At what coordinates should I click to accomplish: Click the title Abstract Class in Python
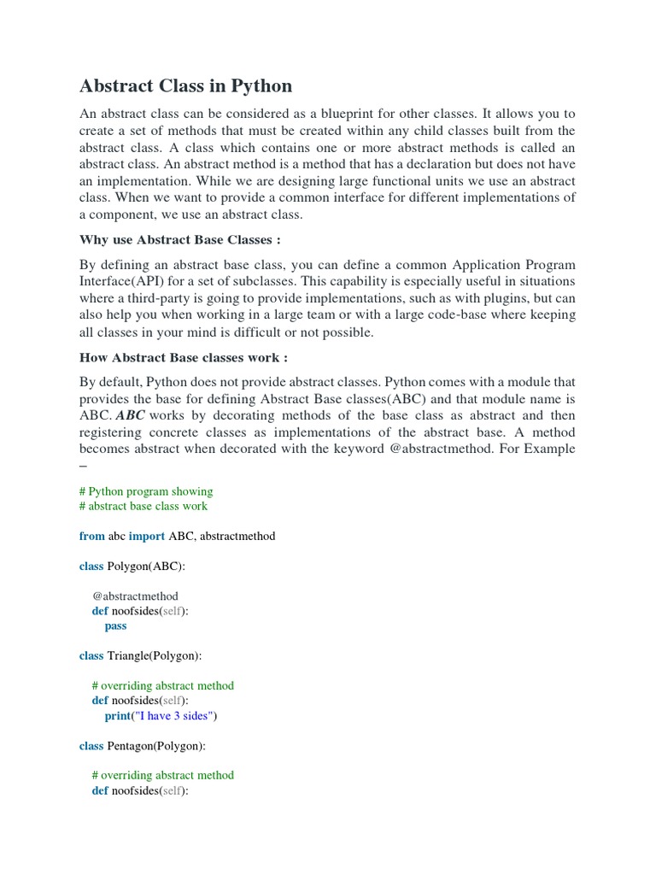point(185,85)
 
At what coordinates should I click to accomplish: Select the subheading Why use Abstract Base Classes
point(179,239)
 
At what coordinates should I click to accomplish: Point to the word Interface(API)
point(120,281)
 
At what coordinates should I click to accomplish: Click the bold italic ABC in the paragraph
point(130,415)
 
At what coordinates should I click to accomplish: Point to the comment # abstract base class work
point(143,506)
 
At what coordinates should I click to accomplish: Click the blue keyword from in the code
point(91,536)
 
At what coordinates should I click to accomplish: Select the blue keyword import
point(147,536)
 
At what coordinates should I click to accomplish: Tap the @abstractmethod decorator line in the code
point(135,596)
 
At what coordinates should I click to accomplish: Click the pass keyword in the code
point(115,625)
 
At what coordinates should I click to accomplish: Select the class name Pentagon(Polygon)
point(156,745)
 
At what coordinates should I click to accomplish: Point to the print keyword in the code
point(118,715)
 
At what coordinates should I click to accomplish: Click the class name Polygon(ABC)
point(146,566)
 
